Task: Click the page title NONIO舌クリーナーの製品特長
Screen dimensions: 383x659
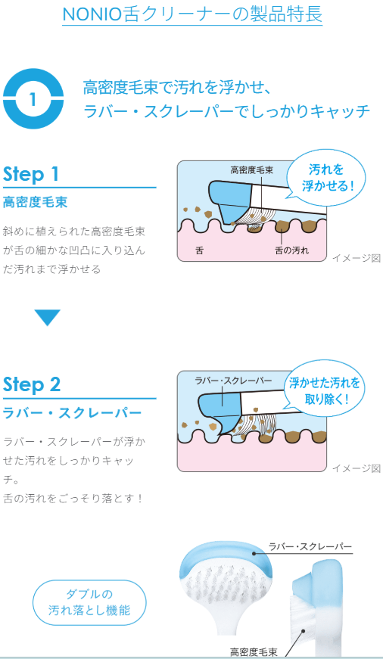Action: pos(192,14)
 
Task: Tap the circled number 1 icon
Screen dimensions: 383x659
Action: pos(33,99)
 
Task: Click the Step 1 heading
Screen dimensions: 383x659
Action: pos(31,174)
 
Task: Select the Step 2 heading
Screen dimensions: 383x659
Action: pos(32,384)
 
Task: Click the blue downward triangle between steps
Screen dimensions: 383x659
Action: pos(48,317)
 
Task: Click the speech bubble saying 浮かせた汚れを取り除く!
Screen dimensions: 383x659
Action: pos(324,390)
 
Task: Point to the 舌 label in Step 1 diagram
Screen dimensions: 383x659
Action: pos(199,250)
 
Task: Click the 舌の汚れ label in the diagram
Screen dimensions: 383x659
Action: pos(291,250)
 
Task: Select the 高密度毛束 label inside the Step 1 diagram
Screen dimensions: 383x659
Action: pos(251,169)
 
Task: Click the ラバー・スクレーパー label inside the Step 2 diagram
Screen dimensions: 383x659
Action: pos(233,381)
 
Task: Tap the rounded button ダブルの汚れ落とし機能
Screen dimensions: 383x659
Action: pos(89,603)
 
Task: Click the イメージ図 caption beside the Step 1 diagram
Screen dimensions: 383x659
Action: pos(357,258)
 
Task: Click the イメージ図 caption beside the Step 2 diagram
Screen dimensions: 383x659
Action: pos(357,468)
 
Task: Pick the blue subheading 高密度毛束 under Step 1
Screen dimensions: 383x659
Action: pos(36,203)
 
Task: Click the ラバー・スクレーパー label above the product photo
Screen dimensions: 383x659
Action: pos(310,546)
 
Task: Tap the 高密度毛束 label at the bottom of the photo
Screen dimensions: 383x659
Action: pos(254,652)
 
